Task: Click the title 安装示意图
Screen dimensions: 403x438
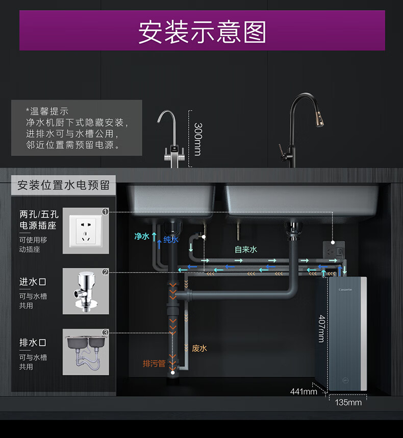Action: click(202, 32)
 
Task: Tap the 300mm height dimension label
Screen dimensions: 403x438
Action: click(198, 139)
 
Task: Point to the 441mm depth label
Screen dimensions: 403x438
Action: click(303, 391)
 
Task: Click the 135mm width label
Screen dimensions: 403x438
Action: click(348, 402)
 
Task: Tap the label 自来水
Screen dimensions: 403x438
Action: click(245, 249)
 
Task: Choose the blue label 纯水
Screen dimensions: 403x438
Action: click(171, 240)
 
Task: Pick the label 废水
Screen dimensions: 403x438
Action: click(199, 348)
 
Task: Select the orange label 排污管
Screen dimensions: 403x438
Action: click(154, 364)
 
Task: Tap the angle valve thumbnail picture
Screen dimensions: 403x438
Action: click(86, 291)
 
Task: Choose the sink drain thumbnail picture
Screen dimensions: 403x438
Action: click(86, 352)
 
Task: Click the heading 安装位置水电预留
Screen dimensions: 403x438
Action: click(63, 185)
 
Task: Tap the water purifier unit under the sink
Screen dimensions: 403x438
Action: click(346, 334)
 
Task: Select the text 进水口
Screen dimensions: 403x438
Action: click(33, 282)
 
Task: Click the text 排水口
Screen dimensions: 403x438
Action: click(33, 343)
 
